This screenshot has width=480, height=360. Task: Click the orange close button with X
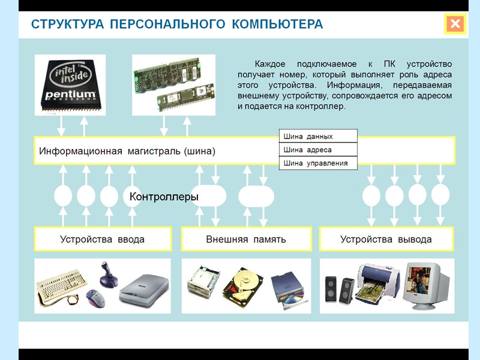tap(455, 24)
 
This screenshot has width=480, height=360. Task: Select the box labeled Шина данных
tap(318, 136)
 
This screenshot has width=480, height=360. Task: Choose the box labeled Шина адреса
tap(318, 149)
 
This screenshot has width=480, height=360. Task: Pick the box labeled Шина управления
tap(318, 163)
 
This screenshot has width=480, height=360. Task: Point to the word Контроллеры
tap(164, 196)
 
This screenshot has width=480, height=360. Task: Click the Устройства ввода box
tap(102, 239)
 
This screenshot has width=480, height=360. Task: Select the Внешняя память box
tap(246, 239)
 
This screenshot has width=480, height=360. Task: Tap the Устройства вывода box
tap(386, 239)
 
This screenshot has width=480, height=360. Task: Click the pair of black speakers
tap(338, 290)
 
